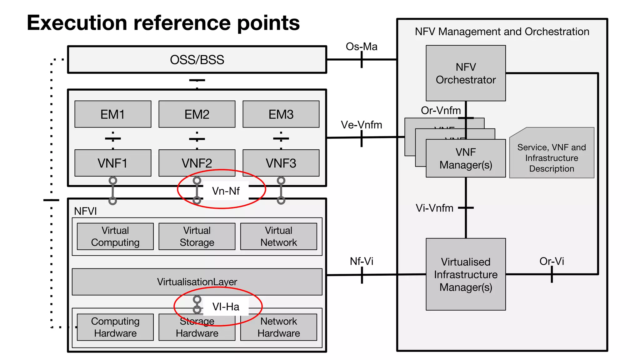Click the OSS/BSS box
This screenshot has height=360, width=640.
[197, 60]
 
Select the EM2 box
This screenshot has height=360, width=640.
[197, 114]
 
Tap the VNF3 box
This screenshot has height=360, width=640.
[281, 163]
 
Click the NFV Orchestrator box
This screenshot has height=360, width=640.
[466, 73]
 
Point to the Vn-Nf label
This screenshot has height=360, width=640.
[226, 191]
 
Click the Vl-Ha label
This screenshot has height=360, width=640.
[226, 307]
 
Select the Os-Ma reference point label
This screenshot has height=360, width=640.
[361, 47]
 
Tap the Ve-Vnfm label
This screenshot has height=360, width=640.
[361, 125]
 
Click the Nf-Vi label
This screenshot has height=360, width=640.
[361, 261]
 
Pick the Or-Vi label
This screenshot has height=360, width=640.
[552, 261]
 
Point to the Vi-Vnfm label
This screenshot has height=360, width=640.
[434, 208]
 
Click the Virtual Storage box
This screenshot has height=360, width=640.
[197, 236]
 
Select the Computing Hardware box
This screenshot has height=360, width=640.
[115, 327]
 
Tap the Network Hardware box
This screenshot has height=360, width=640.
[278, 327]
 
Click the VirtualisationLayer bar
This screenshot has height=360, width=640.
[197, 282]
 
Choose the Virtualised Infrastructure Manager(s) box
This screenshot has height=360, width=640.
[466, 274]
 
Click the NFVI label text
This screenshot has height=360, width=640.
[85, 211]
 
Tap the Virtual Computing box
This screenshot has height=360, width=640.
[115, 236]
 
